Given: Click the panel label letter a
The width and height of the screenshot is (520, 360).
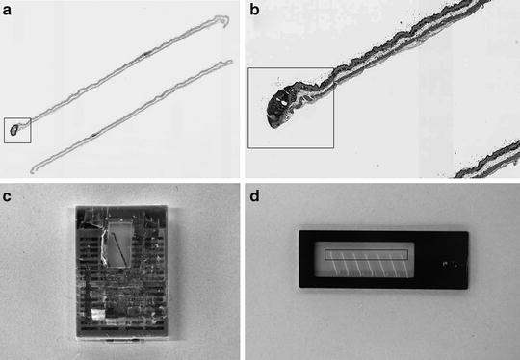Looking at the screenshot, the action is pyautogui.click(x=7, y=10).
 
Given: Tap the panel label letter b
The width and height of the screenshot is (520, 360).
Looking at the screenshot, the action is pyautogui.click(x=254, y=10).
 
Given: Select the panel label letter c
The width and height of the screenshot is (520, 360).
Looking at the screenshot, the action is pyautogui.click(x=7, y=196).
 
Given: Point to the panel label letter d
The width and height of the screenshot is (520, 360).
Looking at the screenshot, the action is pyautogui.click(x=254, y=196).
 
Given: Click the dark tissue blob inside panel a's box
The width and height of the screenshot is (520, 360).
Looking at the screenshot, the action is pyautogui.click(x=13, y=130).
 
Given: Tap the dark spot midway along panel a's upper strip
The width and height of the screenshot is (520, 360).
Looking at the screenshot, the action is pyautogui.click(x=145, y=54).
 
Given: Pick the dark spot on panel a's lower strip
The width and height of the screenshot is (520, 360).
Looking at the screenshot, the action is pyautogui.click(x=95, y=135).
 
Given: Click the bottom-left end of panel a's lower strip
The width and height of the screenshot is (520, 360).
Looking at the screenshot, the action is pyautogui.click(x=33, y=171).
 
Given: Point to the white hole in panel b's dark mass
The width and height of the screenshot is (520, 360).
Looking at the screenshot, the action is pyautogui.click(x=284, y=103).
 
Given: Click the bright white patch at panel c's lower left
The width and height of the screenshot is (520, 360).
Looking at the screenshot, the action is pyautogui.click(x=98, y=314).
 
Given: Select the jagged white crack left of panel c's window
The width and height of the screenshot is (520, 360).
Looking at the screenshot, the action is pyautogui.click(x=104, y=245).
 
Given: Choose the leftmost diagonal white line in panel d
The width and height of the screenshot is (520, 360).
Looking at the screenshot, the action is pyautogui.click(x=334, y=264).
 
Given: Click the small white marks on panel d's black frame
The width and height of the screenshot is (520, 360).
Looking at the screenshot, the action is pyautogui.click(x=447, y=264).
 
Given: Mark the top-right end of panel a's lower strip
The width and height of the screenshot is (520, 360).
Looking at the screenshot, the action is pyautogui.click(x=230, y=61).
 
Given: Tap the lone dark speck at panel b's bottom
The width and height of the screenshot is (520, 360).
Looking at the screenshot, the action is pyautogui.click(x=377, y=165).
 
